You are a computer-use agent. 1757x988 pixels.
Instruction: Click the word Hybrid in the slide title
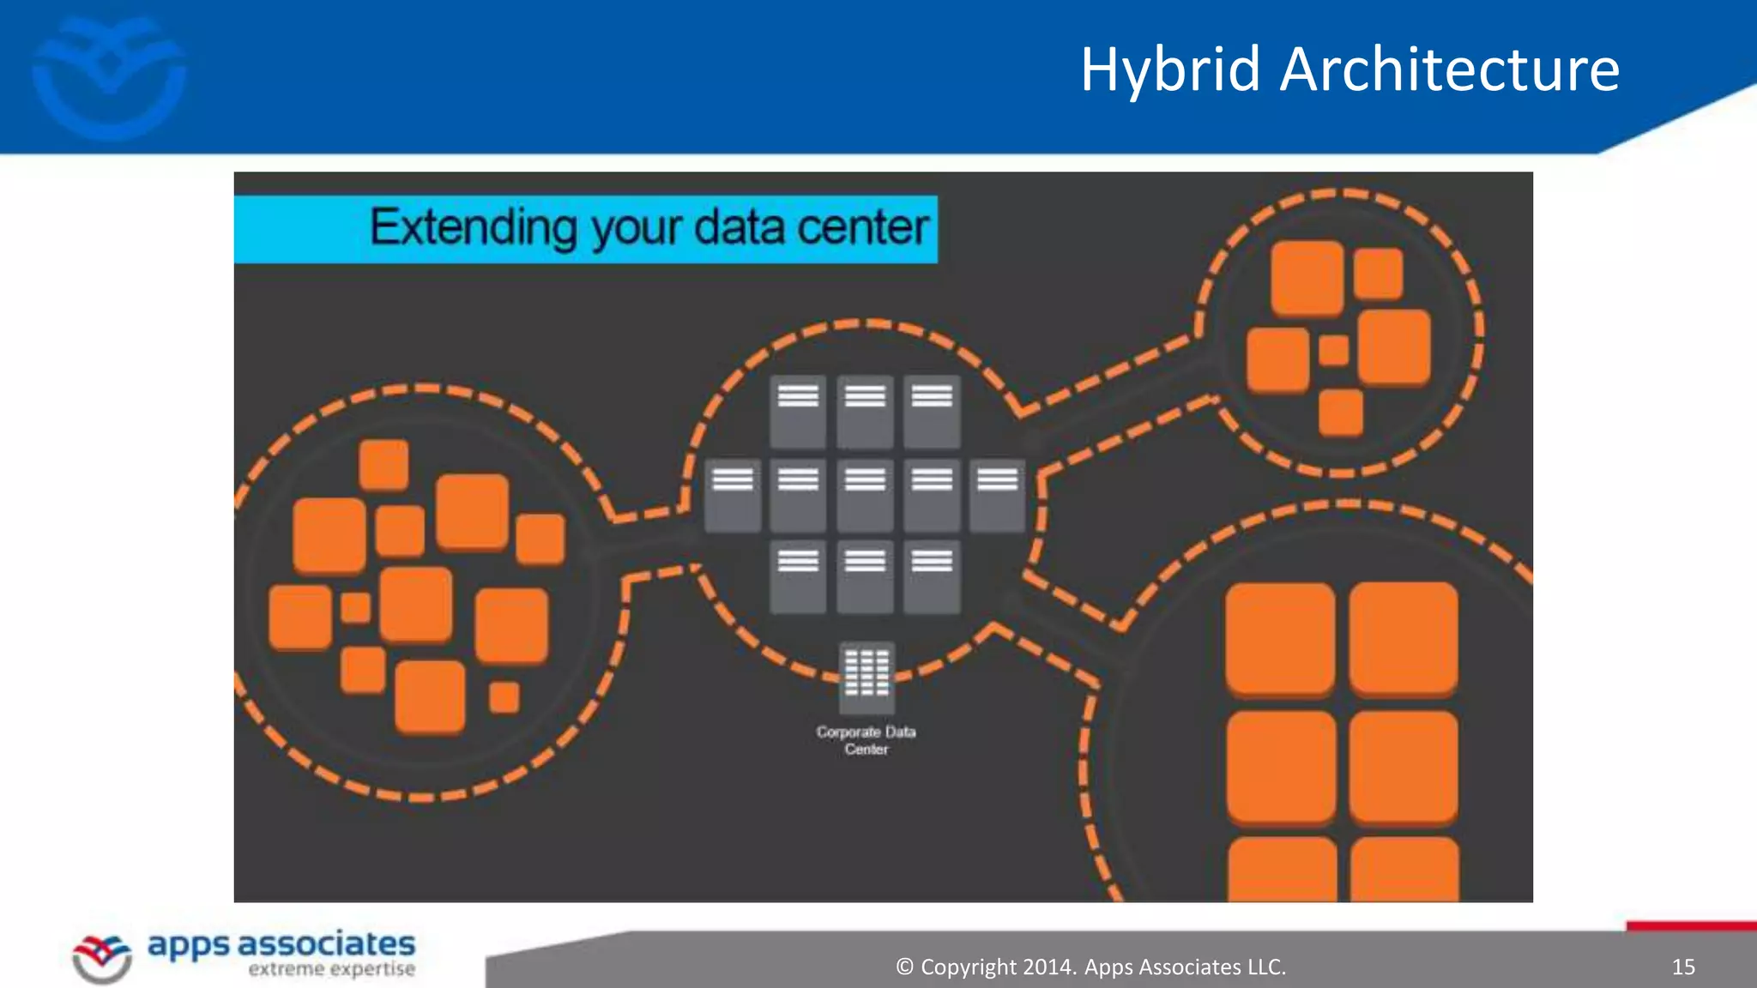click(x=1170, y=70)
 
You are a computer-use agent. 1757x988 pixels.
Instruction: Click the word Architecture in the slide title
click(x=1449, y=70)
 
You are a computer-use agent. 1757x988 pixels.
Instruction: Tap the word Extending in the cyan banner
click(x=474, y=228)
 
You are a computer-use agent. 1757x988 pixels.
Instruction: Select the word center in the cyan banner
click(x=863, y=228)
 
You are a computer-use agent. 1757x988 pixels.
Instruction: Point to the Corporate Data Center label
click(x=866, y=740)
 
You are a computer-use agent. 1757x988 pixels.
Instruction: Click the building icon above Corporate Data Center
click(x=866, y=677)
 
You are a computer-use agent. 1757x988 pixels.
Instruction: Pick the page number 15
click(x=1683, y=967)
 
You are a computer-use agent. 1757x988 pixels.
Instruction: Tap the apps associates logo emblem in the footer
click(x=102, y=957)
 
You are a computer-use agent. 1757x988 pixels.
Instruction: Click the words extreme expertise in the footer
click(x=331, y=970)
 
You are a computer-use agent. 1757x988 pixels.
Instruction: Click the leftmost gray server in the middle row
click(x=732, y=495)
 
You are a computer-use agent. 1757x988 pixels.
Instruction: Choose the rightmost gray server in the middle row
click(x=997, y=495)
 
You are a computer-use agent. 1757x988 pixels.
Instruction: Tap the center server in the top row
click(x=865, y=411)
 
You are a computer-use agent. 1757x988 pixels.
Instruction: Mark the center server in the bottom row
click(x=865, y=576)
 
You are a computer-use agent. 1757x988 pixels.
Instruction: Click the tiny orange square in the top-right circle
click(x=1333, y=351)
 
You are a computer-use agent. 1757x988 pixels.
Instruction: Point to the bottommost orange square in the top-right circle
click(x=1340, y=413)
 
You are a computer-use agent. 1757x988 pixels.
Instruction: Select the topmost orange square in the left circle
click(x=383, y=465)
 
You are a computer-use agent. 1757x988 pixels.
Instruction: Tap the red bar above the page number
click(x=1691, y=925)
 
